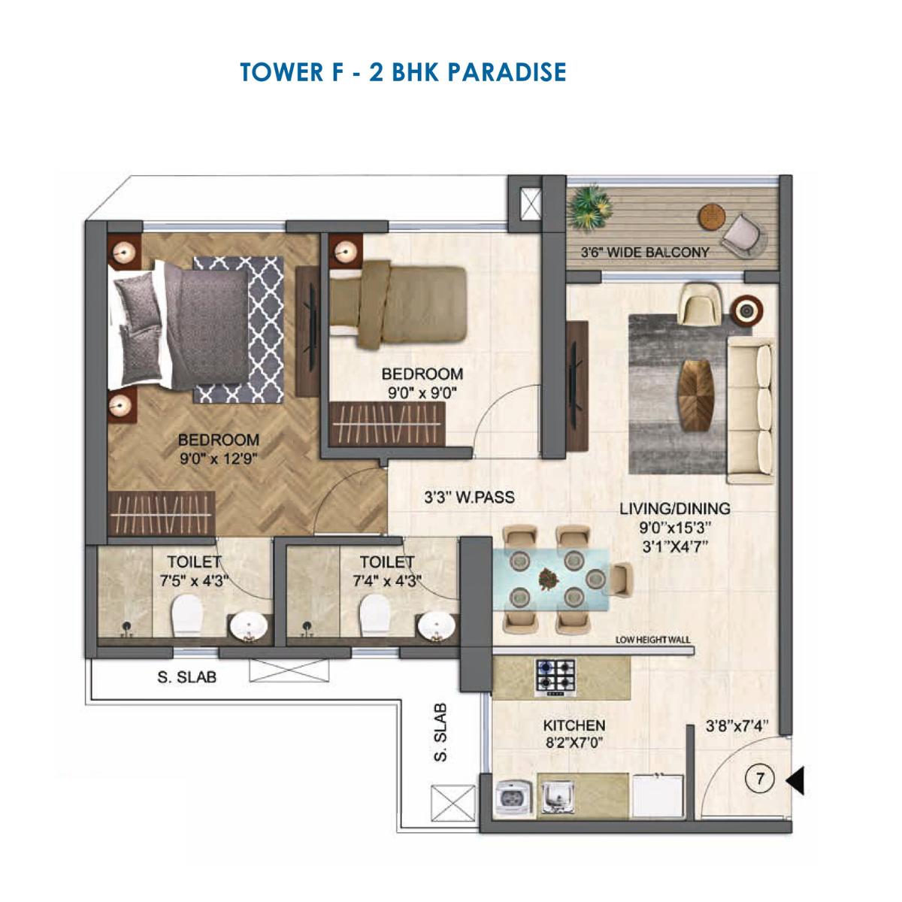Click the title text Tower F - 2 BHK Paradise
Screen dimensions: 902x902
point(403,72)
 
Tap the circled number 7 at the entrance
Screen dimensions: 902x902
point(760,780)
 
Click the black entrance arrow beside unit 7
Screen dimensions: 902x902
point(795,780)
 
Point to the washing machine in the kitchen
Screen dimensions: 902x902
point(514,799)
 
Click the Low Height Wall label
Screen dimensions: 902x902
point(652,640)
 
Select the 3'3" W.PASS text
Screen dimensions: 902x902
point(469,497)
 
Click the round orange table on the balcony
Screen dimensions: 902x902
point(710,216)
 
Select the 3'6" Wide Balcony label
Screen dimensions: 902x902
point(645,253)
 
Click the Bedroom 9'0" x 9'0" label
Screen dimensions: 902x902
point(422,382)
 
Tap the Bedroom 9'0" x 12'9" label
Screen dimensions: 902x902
point(218,449)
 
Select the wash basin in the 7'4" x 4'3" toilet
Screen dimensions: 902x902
point(435,625)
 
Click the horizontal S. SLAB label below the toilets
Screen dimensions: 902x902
point(186,677)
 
